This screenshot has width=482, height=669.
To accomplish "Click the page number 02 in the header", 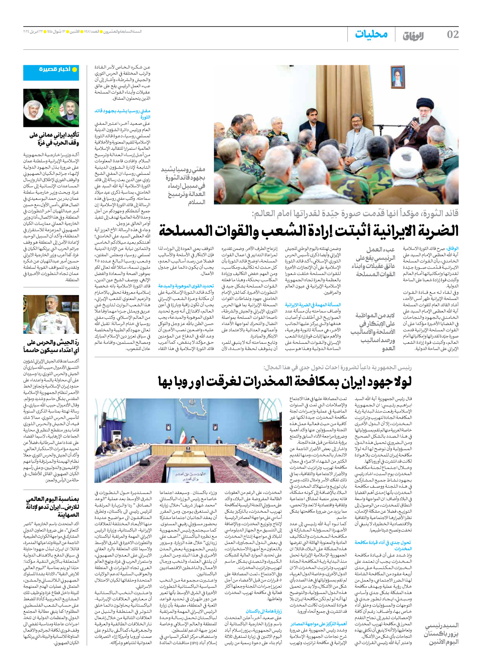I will (452, 35).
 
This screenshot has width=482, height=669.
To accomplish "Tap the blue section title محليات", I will (371, 34).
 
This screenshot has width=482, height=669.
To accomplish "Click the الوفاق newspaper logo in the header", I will (413, 36).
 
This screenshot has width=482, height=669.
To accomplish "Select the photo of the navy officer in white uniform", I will (51, 314).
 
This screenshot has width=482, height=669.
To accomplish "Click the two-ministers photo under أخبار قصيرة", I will (51, 108).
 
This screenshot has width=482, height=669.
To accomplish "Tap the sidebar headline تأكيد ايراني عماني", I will (54, 139).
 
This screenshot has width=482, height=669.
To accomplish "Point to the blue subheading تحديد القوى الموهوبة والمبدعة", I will (186, 286).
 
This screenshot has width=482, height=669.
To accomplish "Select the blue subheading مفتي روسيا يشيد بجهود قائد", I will (123, 113).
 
